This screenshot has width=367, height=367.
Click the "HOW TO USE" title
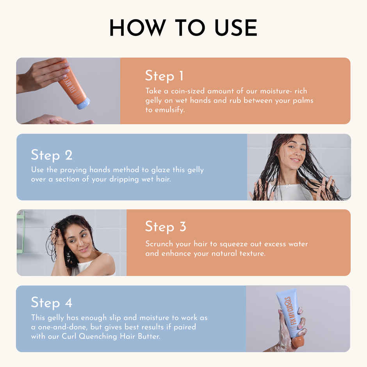pyautogui.click(x=183, y=28)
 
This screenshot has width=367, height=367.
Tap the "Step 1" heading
pyautogui.click(x=164, y=76)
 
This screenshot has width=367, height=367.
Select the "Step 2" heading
pyautogui.click(x=52, y=155)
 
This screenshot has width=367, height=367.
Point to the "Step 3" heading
pyautogui.click(x=166, y=227)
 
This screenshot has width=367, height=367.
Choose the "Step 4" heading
pyautogui.click(x=52, y=303)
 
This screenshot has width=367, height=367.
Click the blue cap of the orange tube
pyautogui.click(x=83, y=103)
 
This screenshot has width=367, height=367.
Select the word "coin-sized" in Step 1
pyautogui.click(x=186, y=91)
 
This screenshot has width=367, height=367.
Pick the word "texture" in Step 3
pyautogui.click(x=251, y=253)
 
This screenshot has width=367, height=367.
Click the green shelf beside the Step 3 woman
pyautogui.click(x=20, y=230)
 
